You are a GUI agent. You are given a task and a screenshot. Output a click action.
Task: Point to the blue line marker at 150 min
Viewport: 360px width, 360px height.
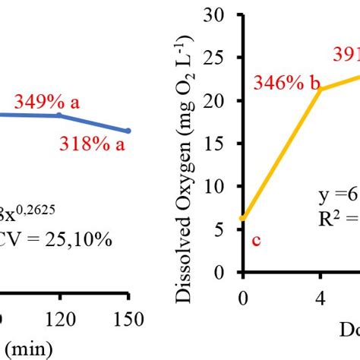pos(128,131)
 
